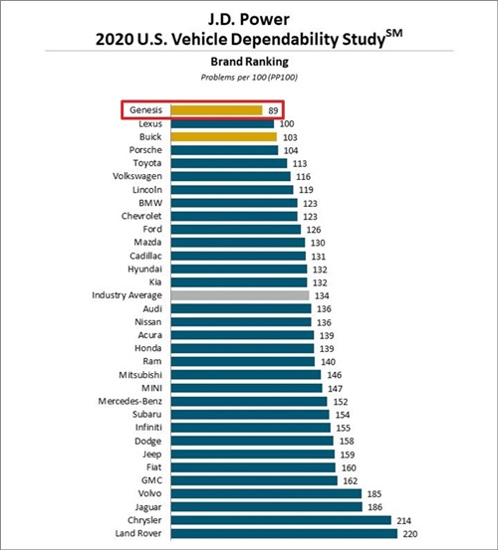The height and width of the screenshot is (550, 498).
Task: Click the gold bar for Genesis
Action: [x=217, y=110]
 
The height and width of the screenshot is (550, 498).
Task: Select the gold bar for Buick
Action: [x=224, y=137]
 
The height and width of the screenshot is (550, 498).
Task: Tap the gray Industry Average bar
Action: [x=240, y=295]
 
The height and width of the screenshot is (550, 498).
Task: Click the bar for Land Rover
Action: [x=285, y=533]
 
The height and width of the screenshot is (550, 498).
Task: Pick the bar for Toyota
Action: [x=229, y=163]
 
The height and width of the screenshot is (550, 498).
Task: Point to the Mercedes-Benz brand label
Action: [x=129, y=401]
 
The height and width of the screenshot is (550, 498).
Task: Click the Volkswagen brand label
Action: [x=137, y=176]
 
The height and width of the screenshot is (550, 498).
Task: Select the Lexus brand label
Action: [x=150, y=123]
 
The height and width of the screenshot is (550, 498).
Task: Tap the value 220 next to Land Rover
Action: [x=410, y=534]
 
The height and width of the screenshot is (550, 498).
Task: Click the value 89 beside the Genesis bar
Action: [x=273, y=110]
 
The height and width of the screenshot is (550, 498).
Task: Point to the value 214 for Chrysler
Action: [x=404, y=521]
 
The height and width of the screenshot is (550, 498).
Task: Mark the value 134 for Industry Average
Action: [x=322, y=296]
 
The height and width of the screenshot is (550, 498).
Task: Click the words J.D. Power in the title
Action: [x=249, y=19]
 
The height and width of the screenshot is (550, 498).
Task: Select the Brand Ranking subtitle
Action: [x=249, y=62]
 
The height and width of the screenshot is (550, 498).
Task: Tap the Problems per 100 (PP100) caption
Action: [x=249, y=78]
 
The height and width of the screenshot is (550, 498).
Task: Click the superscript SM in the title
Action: [x=394, y=34]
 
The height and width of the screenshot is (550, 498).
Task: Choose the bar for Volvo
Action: [x=267, y=494]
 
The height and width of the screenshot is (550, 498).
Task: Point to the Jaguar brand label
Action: [x=148, y=507]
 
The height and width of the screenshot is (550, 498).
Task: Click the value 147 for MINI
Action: [x=335, y=389]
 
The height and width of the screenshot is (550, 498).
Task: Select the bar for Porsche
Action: [x=225, y=150]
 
